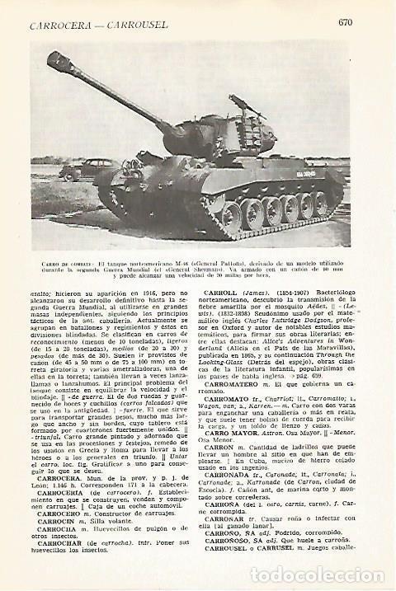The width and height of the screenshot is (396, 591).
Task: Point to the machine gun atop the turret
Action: pyautogui.click(x=244, y=105)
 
